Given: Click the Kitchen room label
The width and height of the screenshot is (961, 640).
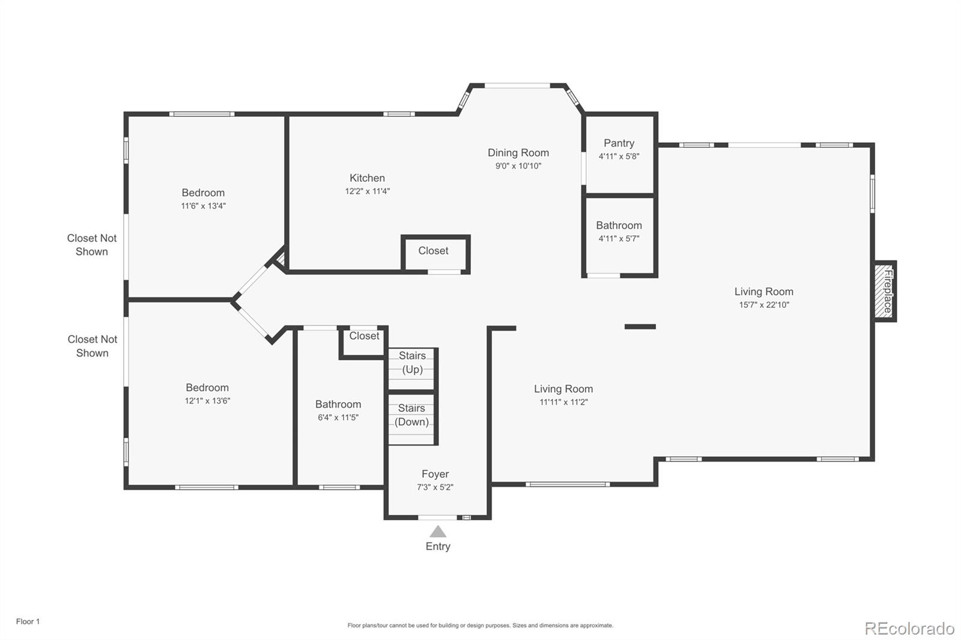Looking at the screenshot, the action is click(367, 178).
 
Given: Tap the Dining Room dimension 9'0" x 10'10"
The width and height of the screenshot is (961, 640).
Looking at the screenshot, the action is click(518, 166).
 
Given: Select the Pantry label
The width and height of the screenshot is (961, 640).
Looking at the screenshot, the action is click(619, 143).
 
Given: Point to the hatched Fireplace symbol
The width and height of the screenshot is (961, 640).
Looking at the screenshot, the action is click(884, 291).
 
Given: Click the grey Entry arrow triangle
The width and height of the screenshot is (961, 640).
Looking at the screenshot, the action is click(438, 531).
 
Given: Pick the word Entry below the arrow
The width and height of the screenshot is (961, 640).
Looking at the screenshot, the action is click(438, 546).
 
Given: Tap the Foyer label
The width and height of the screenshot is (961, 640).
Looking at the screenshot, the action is click(435, 474).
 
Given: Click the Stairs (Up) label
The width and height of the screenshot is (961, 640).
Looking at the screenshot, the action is click(412, 362).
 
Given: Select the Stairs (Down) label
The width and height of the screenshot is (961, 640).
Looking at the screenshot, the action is click(411, 415).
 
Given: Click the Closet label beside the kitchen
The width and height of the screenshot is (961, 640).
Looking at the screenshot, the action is click(433, 250).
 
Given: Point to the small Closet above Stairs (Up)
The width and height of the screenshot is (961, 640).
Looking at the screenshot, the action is click(364, 336).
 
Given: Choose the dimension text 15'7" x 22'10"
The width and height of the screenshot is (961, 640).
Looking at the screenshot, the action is click(763, 304).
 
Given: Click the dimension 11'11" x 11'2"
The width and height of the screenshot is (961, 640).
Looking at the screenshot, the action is click(563, 402).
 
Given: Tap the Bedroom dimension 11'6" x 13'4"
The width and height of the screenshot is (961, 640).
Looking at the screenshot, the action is click(203, 205).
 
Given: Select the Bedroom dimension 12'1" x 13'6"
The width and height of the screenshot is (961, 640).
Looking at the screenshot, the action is click(207, 400).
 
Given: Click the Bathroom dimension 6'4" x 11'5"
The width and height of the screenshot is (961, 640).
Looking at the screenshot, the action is click(338, 417).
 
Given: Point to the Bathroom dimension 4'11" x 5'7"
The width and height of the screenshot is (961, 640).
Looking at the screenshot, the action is click(619, 238).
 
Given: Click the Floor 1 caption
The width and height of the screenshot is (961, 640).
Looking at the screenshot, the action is click(28, 621).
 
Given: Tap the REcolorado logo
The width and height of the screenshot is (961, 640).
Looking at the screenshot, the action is click(909, 629).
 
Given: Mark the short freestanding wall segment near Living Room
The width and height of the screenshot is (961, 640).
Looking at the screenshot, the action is click(640, 327).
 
